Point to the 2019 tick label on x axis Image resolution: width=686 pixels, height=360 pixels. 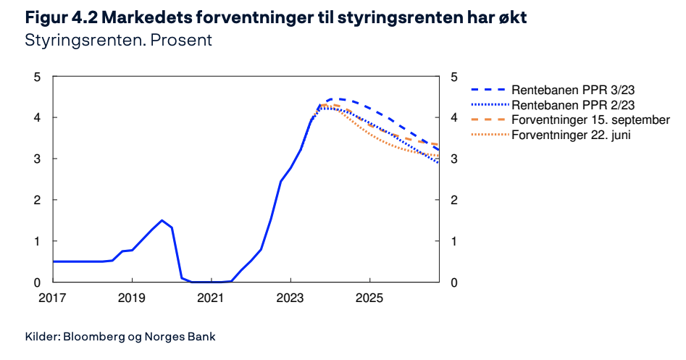pyautogui.click(x=132, y=298)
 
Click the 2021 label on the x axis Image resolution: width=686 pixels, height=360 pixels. pyautogui.click(x=211, y=298)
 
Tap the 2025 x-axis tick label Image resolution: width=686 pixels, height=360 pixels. pyautogui.click(x=369, y=298)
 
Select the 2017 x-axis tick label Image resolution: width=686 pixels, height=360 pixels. pyautogui.click(x=52, y=298)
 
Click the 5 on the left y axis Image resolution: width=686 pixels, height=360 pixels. pyautogui.click(x=37, y=78)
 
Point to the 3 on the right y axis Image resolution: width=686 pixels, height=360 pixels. pyautogui.click(x=453, y=159)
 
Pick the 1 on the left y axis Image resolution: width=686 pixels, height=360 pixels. pyautogui.click(x=37, y=241)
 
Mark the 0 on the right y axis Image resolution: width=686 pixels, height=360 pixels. pyautogui.click(x=453, y=283)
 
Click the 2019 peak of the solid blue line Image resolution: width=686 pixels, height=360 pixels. pyautogui.click(x=162, y=220)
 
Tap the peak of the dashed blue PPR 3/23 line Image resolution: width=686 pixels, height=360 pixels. pyautogui.click(x=332, y=99)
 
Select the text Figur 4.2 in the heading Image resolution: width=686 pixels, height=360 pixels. pyautogui.click(x=62, y=18)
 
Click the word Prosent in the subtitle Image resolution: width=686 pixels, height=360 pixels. pyautogui.click(x=181, y=41)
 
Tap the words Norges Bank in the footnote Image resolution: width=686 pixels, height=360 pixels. pyautogui.click(x=180, y=336)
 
